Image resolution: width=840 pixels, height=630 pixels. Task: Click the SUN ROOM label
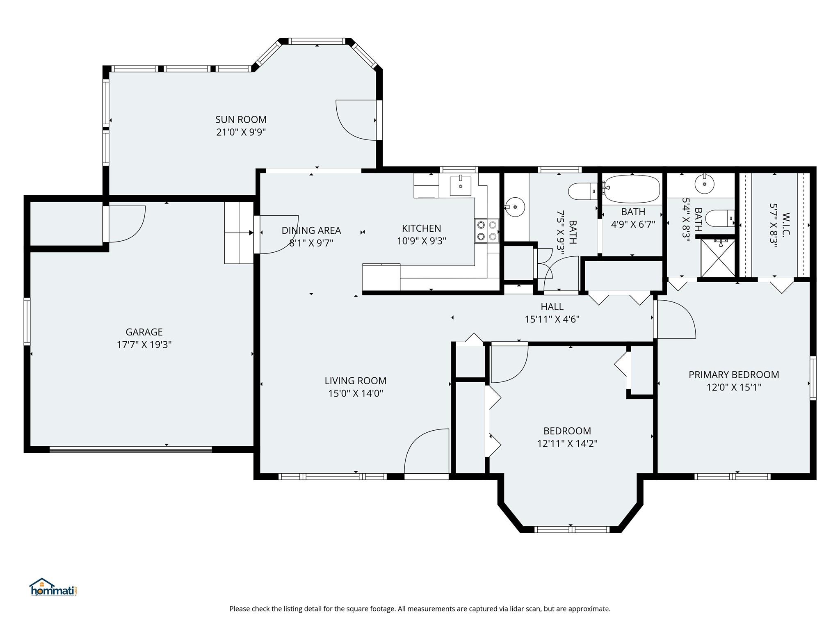(241, 119)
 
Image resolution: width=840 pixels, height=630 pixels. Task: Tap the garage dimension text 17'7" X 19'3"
(144, 345)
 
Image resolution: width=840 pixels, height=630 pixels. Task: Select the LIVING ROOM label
(356, 381)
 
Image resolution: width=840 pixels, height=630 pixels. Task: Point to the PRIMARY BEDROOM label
(734, 374)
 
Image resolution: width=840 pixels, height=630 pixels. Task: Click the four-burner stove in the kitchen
(487, 231)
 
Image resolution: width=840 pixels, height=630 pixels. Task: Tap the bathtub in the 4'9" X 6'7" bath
(632, 189)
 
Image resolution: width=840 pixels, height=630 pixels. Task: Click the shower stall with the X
(717, 258)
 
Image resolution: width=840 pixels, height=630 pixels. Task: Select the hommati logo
(53, 587)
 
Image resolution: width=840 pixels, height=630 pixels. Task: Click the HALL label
(552, 306)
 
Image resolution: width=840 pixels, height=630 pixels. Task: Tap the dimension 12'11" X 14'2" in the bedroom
(567, 443)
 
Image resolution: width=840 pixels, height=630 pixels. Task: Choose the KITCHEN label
(421, 228)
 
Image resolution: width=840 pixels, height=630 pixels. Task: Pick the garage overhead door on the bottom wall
(130, 450)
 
